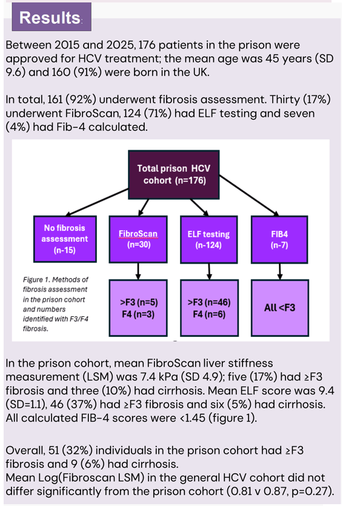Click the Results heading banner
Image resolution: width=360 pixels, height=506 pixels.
(52, 17)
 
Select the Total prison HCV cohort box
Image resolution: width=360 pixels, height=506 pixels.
(174, 175)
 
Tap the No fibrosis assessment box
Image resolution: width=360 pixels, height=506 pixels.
(65, 239)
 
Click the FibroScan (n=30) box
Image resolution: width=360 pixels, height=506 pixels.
(138, 239)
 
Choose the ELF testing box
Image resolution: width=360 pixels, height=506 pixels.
(209, 239)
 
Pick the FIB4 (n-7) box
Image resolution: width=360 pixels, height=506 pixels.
(279, 239)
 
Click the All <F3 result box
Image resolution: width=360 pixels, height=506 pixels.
(279, 308)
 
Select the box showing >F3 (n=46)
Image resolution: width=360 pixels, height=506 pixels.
(209, 308)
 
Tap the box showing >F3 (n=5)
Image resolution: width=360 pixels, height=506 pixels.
(138, 308)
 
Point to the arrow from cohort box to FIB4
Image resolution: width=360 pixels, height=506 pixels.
(248, 195)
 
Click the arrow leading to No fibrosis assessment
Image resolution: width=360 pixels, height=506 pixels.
(97, 202)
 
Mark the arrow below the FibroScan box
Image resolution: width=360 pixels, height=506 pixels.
(138, 271)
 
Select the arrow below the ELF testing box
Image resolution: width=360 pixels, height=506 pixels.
(209, 271)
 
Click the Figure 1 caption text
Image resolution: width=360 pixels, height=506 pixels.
(56, 304)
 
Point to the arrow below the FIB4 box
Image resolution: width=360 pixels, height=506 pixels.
(280, 271)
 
